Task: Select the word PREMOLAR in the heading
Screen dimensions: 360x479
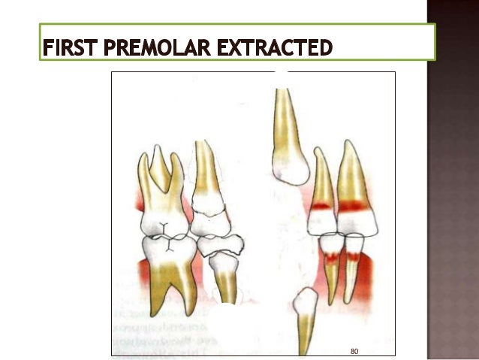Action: pyautogui.click(x=153, y=50)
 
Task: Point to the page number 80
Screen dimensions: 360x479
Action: pyautogui.click(x=355, y=350)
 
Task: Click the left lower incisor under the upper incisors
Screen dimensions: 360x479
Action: pyautogui.click(x=331, y=259)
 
